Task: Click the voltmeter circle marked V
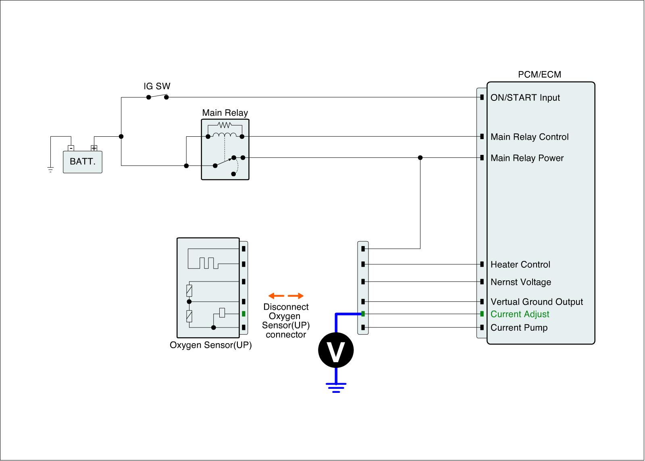click(336, 350)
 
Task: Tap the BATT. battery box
click(83, 162)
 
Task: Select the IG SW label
click(157, 86)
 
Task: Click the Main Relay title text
click(225, 113)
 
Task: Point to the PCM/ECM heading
click(539, 75)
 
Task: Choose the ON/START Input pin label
click(525, 98)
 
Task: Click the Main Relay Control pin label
click(529, 137)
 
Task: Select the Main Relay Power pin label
click(527, 158)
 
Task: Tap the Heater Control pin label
click(520, 265)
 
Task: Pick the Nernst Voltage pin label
click(520, 282)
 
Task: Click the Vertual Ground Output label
click(537, 302)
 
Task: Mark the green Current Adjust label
click(520, 314)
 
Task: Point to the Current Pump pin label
click(519, 327)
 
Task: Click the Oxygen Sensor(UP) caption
click(210, 345)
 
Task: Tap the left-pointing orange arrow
click(276, 296)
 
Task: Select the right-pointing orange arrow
click(296, 296)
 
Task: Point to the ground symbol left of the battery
click(50, 170)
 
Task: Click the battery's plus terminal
click(94, 148)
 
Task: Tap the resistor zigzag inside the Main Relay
click(224, 125)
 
